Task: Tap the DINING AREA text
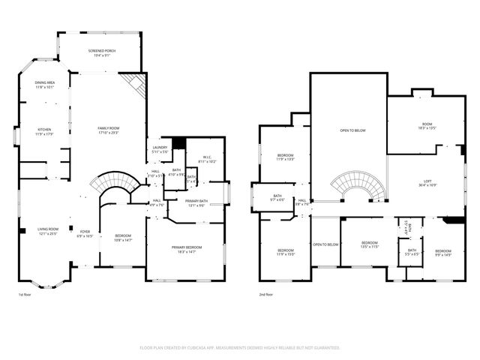click(45, 84)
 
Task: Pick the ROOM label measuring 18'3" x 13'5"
click(427, 125)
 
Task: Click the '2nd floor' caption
click(266, 295)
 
